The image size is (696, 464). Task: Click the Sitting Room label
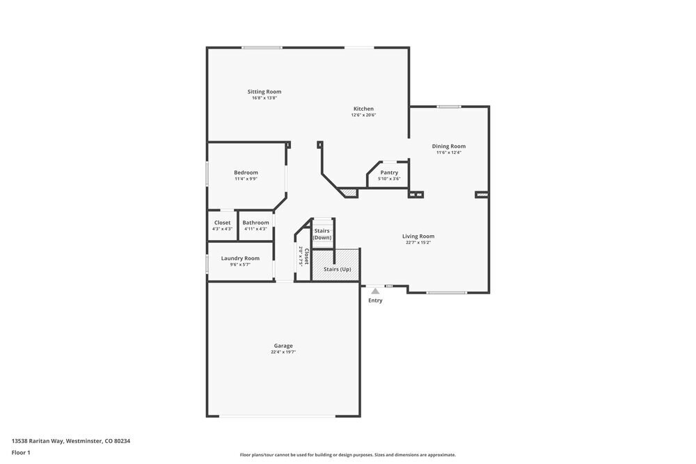[x=264, y=92]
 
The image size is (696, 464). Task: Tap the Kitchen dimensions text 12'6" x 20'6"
[x=363, y=115]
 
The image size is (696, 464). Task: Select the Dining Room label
[x=448, y=146]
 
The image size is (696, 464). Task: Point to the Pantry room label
[x=389, y=173]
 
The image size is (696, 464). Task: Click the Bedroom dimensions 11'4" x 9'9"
[x=246, y=179]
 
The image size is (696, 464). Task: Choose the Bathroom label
[x=255, y=223]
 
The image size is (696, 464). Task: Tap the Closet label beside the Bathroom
[x=222, y=223]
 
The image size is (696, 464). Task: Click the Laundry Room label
[x=240, y=258]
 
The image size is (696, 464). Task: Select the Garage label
[x=283, y=346]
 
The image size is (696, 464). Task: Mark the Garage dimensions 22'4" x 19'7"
[x=283, y=352]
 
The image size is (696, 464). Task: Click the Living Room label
[x=418, y=237]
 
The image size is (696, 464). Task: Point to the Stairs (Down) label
[x=322, y=234]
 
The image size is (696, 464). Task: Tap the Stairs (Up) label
[x=338, y=269]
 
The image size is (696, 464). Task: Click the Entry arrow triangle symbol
[x=375, y=291]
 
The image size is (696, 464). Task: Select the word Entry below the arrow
[x=375, y=301]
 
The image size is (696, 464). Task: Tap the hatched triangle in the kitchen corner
[x=349, y=193]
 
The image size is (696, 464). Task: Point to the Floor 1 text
[x=21, y=452]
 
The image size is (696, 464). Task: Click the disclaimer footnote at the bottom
[x=347, y=455]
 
